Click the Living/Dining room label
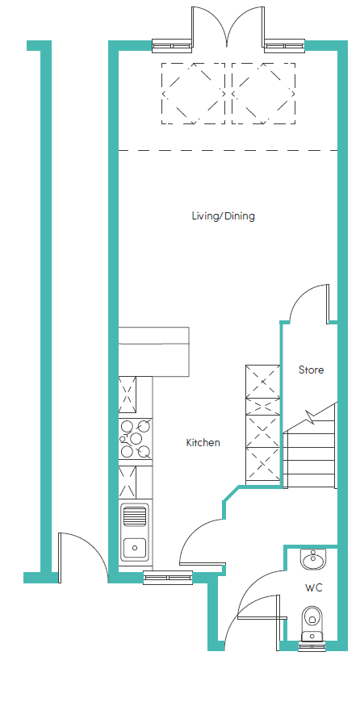pyautogui.click(x=223, y=216)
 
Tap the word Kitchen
pyautogui.click(x=203, y=443)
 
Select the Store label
pyautogui.click(x=312, y=370)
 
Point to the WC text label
pyautogui.click(x=314, y=588)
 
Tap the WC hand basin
pyautogui.click(x=314, y=559)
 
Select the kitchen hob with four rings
pyautogui.click(x=136, y=439)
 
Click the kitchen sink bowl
pyautogui.click(x=134, y=546)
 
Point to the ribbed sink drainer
pyautogui.click(x=134, y=516)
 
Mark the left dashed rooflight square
pyautogui.click(x=193, y=94)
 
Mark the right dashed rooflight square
pyautogui.click(x=263, y=94)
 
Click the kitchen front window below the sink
pyautogui.click(x=168, y=578)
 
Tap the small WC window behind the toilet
pyautogui.click(x=312, y=646)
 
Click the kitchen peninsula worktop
pyautogui.click(x=153, y=352)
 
